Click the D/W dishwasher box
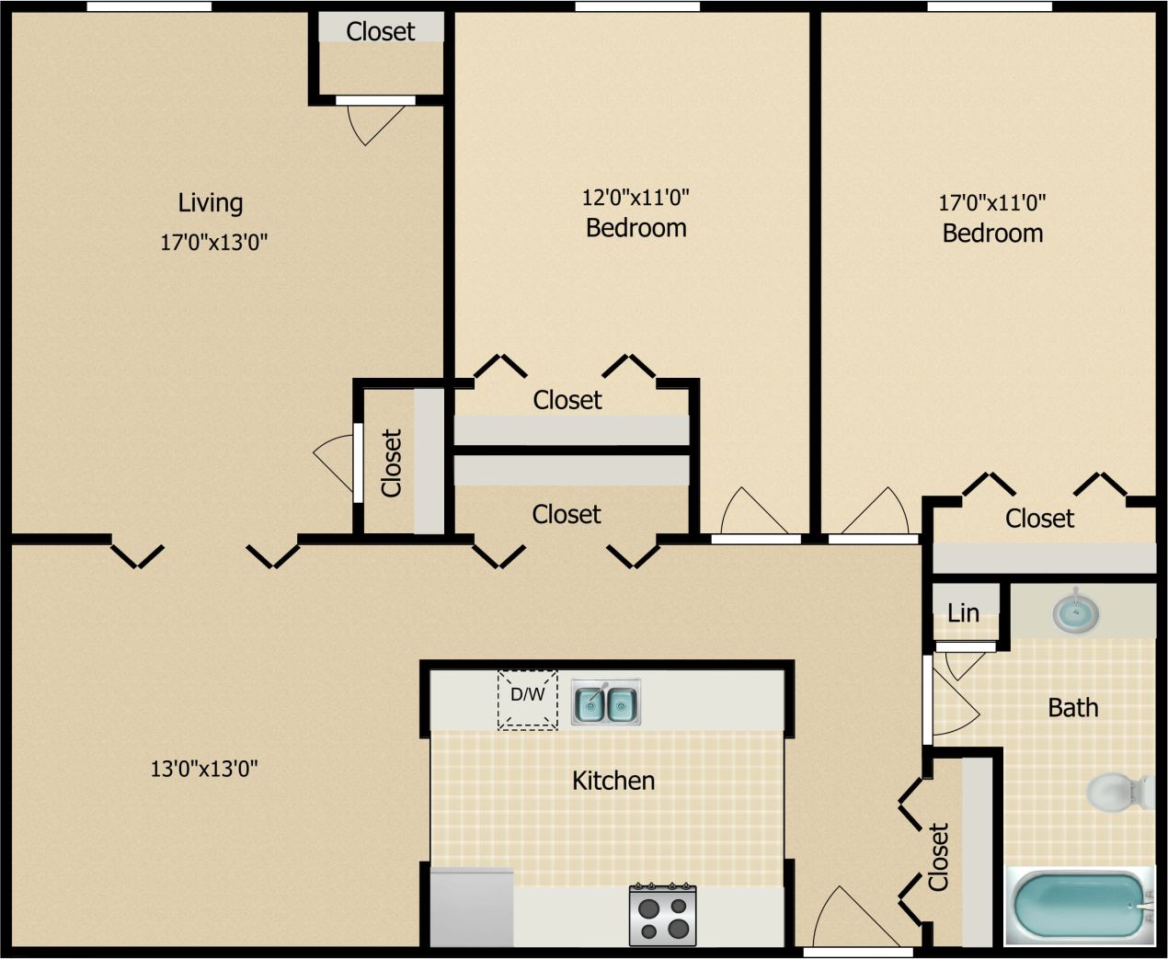tap(528, 700)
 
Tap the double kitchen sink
tap(606, 703)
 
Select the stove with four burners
tap(662, 915)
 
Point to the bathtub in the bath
tap(1080, 906)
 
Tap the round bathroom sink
tap(1075, 613)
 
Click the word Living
tap(211, 202)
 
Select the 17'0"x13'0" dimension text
tap(214, 243)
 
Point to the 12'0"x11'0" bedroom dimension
tap(636, 197)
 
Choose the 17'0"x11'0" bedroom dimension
tap(992, 202)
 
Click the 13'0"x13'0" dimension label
tap(204, 769)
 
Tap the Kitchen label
tap(613, 781)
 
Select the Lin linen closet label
tap(963, 612)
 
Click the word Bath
tap(1073, 708)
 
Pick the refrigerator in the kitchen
tap(472, 907)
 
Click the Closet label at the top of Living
tap(381, 31)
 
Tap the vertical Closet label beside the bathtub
tap(938, 857)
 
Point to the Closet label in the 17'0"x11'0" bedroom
tap(1039, 519)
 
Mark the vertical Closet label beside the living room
tap(392, 462)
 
